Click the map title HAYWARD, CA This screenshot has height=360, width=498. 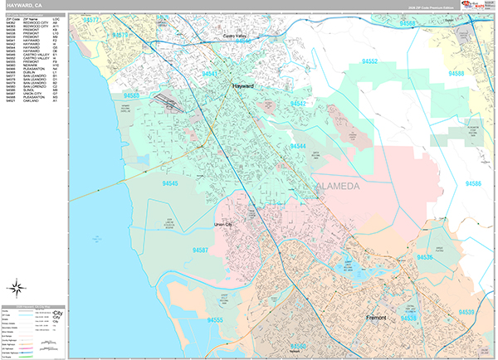pos(22,6)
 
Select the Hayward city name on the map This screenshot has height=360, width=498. pos(243,85)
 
